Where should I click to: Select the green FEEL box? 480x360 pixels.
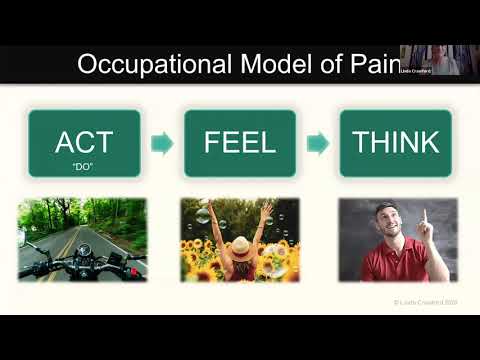point(239,143)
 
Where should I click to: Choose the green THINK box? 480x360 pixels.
point(395,143)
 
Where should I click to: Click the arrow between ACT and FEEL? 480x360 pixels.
point(161,143)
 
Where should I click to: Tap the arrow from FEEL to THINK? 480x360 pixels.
point(317,143)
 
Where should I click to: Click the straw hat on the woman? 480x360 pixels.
point(240,241)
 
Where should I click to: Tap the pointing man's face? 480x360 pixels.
point(384,225)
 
